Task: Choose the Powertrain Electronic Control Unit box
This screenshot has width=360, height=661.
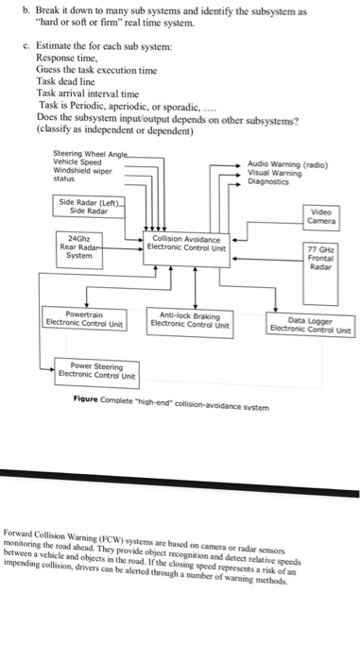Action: click(84, 319)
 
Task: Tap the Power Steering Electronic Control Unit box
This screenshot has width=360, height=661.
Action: click(98, 371)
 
